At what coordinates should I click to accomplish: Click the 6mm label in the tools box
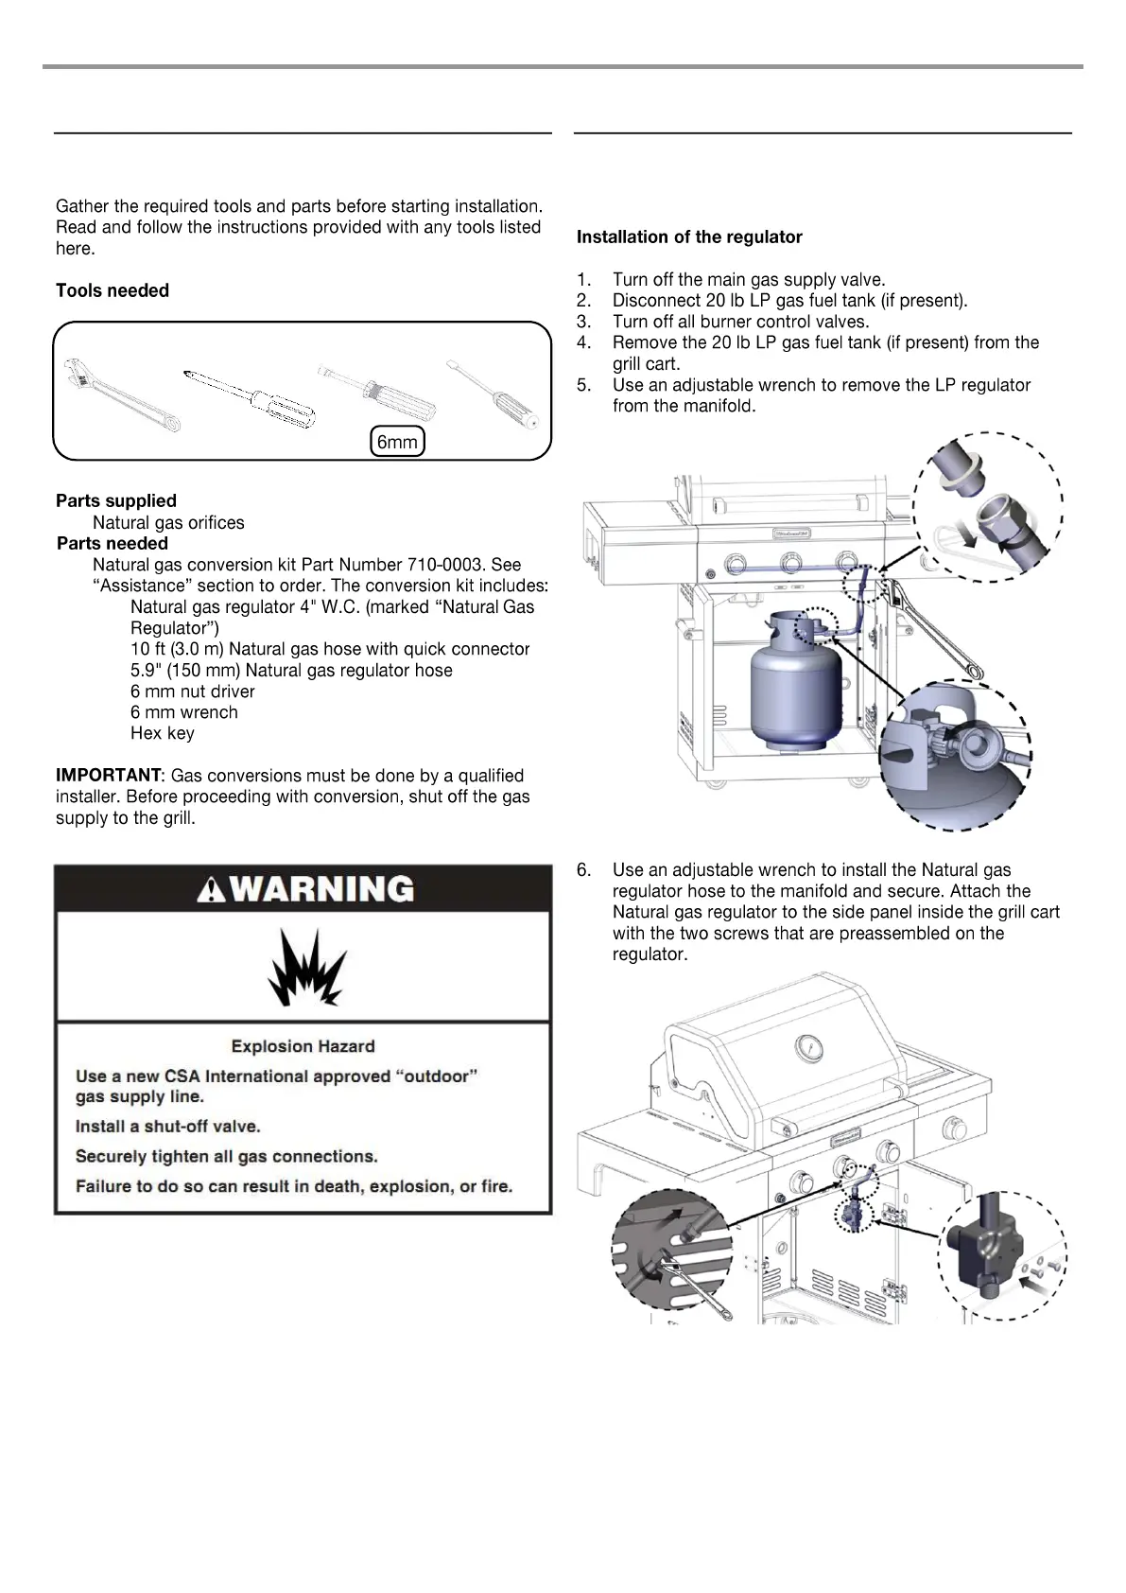(397, 442)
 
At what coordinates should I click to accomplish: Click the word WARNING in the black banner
(322, 889)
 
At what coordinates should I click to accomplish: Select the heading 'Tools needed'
(113, 290)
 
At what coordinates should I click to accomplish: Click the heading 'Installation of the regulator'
(689, 237)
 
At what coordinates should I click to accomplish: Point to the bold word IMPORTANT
(108, 776)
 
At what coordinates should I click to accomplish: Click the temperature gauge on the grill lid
(809, 1046)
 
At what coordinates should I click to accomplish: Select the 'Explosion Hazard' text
(303, 1046)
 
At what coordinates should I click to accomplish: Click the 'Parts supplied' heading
(116, 501)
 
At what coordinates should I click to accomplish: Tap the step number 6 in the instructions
(583, 870)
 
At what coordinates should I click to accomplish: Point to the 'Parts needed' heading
(113, 544)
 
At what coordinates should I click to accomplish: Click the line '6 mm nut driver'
(193, 691)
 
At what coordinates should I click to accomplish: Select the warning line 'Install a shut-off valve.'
(168, 1127)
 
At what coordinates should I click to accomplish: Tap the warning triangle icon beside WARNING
(211, 890)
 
